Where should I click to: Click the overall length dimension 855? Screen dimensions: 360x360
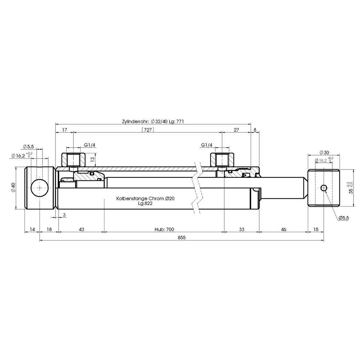[181, 238]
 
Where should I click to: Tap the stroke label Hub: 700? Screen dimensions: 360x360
[165, 229]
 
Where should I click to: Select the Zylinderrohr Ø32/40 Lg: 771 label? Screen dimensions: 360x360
[153, 121]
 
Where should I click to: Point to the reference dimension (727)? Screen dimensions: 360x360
[148, 130]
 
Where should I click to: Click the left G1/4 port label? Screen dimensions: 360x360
[90, 145]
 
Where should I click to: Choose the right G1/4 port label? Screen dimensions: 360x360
[207, 145]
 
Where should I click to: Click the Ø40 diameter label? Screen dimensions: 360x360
[13, 188]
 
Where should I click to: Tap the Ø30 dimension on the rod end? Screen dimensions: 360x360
[324, 152]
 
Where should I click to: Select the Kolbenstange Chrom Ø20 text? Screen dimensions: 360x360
[145, 198]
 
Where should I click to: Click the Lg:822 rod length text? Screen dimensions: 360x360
[145, 203]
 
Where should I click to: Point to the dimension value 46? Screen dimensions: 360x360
[284, 229]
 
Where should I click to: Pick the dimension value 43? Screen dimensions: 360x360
[81, 229]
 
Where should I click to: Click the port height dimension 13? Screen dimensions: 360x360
[93, 160]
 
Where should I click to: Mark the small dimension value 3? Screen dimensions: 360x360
[64, 215]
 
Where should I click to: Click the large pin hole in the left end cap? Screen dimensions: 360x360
[40, 188]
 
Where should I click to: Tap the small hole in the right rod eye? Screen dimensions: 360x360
[324, 188]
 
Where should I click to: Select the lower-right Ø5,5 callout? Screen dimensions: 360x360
[344, 218]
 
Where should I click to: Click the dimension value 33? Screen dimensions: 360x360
[242, 229]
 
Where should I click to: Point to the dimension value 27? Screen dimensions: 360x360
[236, 130]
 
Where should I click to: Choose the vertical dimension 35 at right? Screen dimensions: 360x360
[350, 188]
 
